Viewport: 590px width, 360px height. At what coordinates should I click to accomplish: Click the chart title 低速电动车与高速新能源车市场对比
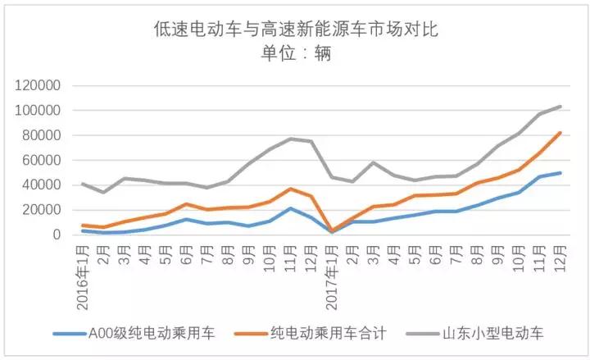[x=297, y=30]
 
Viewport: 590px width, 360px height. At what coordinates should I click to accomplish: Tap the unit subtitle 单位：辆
[x=297, y=55]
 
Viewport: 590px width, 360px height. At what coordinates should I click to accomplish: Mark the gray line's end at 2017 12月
[x=560, y=107]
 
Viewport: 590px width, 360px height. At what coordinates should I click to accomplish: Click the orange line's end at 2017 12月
[x=560, y=133]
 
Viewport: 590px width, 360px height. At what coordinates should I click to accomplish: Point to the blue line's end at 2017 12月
[x=560, y=173]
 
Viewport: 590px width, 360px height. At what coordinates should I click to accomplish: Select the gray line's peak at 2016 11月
[x=290, y=139]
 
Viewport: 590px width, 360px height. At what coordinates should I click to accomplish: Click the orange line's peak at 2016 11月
[x=290, y=189]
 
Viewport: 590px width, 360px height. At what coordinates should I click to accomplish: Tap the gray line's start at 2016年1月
[x=83, y=184]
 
